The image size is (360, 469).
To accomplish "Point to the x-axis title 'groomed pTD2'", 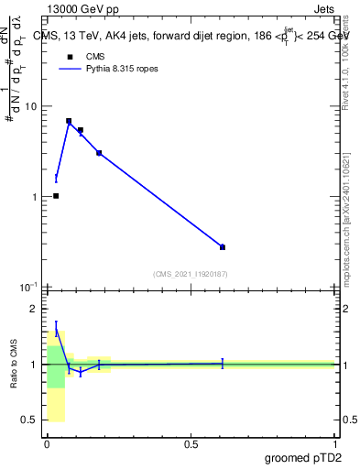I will (x=303, y=457).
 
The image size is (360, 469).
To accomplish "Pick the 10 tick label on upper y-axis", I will (x=29, y=106).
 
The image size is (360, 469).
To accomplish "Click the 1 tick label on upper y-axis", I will (x=33, y=197).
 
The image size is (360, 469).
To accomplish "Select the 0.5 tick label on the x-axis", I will (x=191, y=444).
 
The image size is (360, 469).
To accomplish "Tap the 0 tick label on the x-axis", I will (x=47, y=444).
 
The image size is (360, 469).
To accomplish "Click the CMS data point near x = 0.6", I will (x=223, y=246).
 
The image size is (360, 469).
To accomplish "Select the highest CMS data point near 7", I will (x=69, y=121).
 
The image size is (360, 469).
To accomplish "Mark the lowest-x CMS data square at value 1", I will (x=56, y=196).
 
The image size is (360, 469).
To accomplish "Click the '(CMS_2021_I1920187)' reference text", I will (x=191, y=274).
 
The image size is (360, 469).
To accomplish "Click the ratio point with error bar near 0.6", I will (x=223, y=364).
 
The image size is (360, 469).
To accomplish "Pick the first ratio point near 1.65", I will (x=56, y=328).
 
